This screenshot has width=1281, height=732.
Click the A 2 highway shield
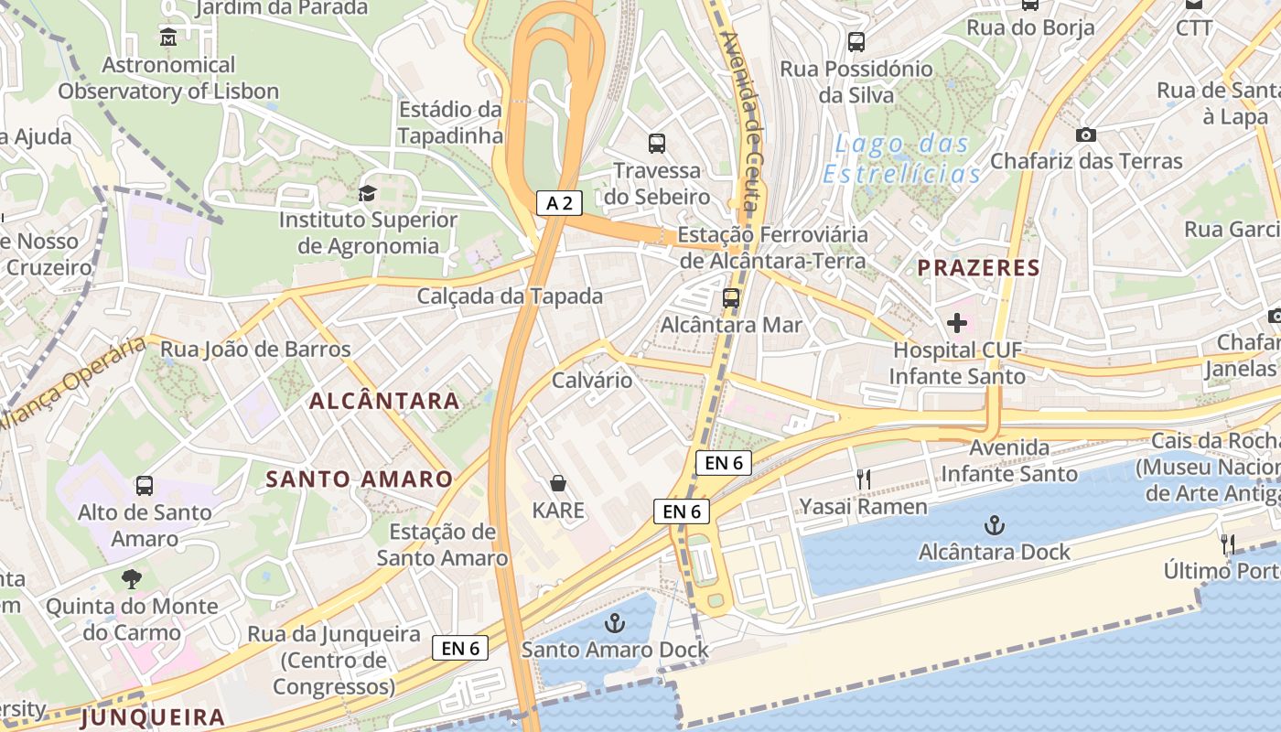click(559, 203)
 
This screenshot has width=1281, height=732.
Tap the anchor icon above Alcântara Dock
click(994, 525)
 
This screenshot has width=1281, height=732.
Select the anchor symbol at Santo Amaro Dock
click(616, 623)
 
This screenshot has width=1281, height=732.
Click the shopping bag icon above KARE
click(558, 482)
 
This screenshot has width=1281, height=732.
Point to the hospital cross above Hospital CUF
click(957, 323)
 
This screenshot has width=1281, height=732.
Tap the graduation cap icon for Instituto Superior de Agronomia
click(367, 193)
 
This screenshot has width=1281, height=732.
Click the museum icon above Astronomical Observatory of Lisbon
click(168, 38)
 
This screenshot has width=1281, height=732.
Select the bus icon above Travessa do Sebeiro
click(657, 143)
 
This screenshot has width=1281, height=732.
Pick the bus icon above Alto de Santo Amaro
click(145, 485)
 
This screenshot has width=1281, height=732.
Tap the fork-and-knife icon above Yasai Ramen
click(863, 479)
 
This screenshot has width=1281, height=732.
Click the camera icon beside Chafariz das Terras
click(1086, 135)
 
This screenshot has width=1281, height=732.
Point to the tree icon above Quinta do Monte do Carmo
click(132, 578)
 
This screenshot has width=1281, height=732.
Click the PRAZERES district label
click(979, 267)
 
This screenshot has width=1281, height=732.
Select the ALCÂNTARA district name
click(384, 401)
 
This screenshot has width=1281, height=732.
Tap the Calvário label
click(592, 380)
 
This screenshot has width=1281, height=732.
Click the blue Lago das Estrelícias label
click(902, 159)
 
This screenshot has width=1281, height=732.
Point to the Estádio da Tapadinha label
click(450, 123)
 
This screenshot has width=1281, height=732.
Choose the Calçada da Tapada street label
click(510, 296)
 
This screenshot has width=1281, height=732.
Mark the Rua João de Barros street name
click(255, 349)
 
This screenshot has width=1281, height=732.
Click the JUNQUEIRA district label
click(153, 717)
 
